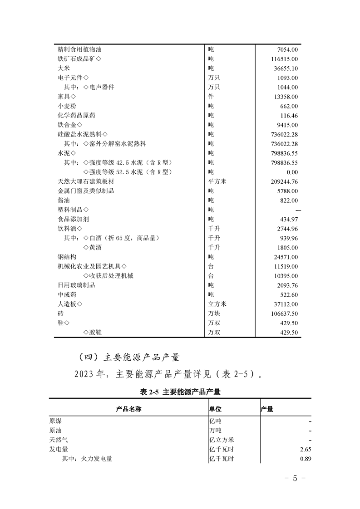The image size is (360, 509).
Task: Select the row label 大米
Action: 63,68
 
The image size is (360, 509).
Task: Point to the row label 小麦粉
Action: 66,106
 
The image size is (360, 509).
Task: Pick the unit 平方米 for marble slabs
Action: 217,181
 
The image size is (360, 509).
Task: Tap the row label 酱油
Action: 63,201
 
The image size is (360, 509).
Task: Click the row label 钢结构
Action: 66,257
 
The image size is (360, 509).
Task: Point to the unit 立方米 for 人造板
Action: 217,304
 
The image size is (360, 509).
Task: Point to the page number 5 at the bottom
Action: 295,479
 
